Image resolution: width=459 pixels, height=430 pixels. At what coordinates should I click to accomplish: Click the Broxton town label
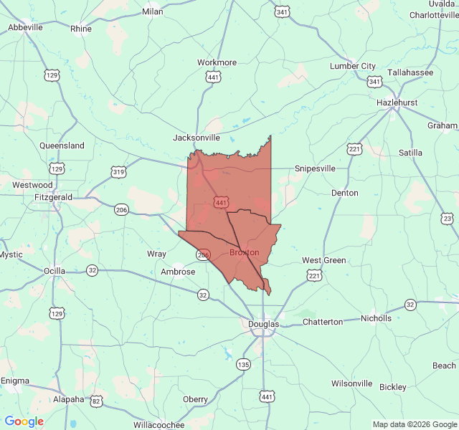pos(244,252)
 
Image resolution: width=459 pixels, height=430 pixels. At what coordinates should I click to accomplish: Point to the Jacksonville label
pos(197,138)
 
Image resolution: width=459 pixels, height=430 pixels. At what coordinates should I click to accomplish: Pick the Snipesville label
pos(315,168)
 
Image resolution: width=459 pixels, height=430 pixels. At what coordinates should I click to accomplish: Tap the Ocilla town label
pos(54,271)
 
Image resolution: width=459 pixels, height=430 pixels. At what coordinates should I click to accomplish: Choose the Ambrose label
pos(178,272)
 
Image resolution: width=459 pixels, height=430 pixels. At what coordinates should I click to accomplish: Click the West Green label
pos(323,260)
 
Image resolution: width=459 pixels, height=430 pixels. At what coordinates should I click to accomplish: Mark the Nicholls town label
pos(376,317)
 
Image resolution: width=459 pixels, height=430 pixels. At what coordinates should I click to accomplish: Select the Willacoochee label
pos(159,424)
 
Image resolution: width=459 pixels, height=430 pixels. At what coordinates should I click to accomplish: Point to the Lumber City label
pos(352,66)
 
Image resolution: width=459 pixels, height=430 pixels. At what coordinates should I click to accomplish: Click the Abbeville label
pos(26,27)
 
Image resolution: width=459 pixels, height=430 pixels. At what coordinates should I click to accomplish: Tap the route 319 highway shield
pos(119,172)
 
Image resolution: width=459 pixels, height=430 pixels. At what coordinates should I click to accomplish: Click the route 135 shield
pos(244,364)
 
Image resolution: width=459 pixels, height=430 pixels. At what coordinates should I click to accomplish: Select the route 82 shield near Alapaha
pos(96,401)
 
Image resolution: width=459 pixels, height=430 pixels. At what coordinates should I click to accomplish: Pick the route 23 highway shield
pos(447,219)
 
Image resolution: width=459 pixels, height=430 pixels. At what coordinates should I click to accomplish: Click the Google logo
pos(24,421)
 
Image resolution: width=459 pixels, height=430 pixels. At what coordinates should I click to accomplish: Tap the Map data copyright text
pos(415,424)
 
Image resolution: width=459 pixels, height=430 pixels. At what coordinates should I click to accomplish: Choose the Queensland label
pos(62,145)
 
